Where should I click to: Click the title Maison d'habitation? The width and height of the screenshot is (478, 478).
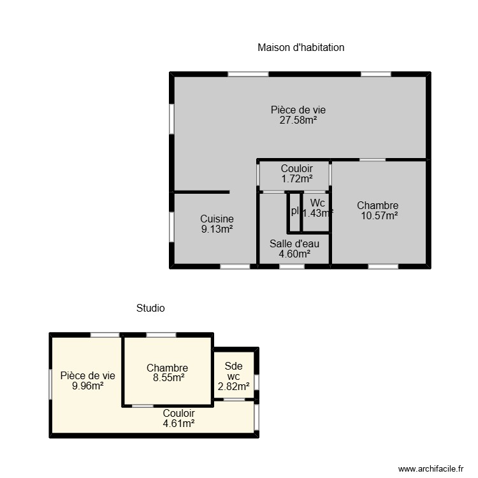tap(301, 47)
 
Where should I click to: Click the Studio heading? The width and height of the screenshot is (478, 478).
tap(150, 308)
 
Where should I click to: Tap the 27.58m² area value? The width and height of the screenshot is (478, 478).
tap(298, 120)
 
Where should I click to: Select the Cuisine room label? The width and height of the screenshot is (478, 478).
tap(217, 219)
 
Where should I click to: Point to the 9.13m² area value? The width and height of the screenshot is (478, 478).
tap(217, 229)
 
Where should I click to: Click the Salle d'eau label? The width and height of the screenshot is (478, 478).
tap(294, 243)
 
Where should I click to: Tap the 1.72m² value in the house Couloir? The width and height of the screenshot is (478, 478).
tap(297, 179)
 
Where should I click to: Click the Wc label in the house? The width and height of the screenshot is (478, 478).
tap(317, 203)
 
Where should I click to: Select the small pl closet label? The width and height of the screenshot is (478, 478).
tap(294, 211)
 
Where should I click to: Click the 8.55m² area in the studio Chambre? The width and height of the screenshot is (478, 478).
tap(167, 377)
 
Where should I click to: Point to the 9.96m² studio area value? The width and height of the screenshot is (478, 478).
tap(88, 386)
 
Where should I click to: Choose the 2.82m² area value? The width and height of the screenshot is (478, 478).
tap(234, 386)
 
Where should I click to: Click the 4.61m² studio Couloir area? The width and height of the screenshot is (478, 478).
tap(178, 423)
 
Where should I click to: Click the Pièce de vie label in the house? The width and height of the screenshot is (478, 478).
tap(298, 110)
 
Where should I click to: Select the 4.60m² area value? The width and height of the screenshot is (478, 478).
tap(294, 253)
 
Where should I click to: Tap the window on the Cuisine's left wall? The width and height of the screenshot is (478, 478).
tap(171, 226)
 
